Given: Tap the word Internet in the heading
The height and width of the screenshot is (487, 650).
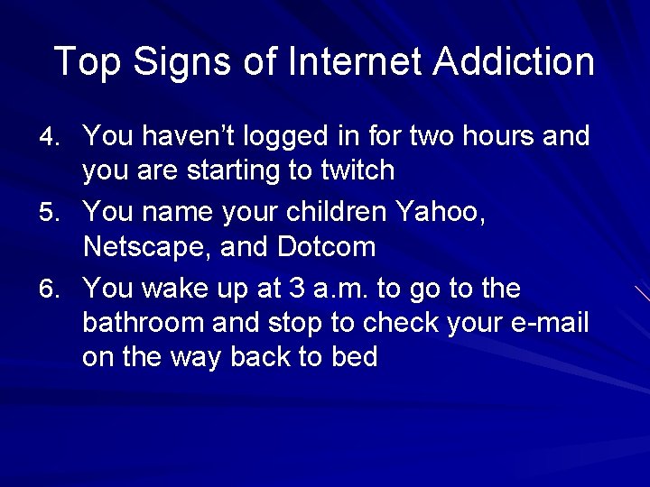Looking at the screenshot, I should [x=356, y=62].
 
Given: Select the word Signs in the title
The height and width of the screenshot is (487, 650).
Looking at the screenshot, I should [x=186, y=62].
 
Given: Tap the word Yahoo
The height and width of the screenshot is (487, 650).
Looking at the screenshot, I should [x=441, y=213].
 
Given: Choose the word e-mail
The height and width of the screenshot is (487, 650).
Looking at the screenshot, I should [x=551, y=323].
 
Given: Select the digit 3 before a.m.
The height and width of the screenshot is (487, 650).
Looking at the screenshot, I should [x=296, y=289].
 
